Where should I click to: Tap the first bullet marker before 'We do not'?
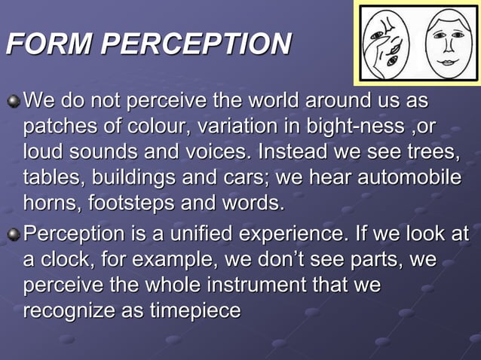tap(13, 100)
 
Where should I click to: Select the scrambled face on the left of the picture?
tap(385, 42)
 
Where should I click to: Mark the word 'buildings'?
tap(142, 178)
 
